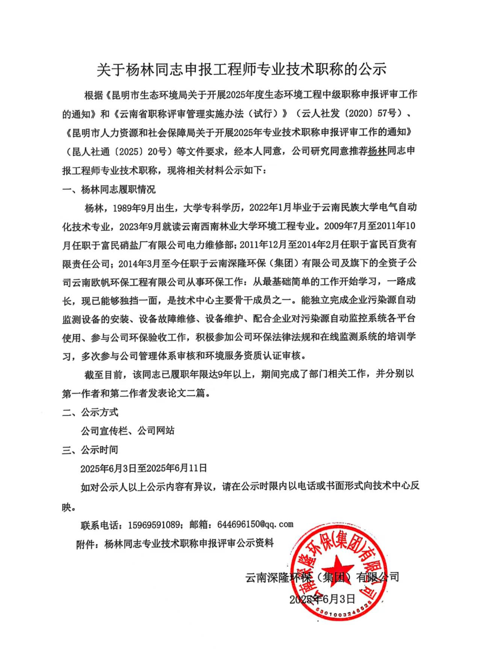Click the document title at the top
(241, 70)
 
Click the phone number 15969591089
(154, 525)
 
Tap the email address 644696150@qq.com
(255, 524)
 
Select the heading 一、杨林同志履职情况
(109, 189)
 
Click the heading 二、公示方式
(90, 412)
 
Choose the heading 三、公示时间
(90, 450)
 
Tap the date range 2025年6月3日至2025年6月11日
(144, 468)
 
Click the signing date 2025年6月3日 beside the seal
(322, 599)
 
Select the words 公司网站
(156, 431)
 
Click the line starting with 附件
(175, 543)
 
